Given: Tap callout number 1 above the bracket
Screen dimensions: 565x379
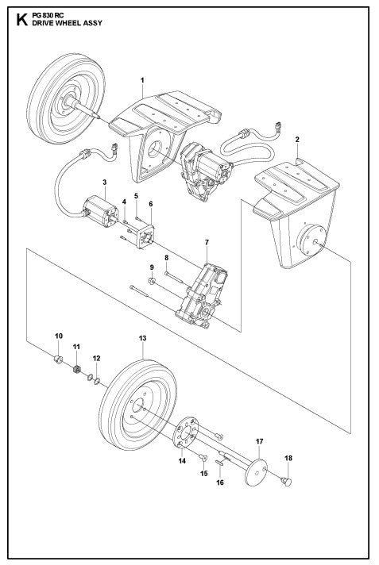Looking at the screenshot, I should pos(141,81).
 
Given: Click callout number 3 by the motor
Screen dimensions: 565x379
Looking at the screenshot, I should pos(105,183).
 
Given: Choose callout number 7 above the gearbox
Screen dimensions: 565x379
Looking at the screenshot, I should pos(206,241).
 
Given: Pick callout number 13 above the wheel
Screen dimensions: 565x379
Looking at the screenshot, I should pos(142,338).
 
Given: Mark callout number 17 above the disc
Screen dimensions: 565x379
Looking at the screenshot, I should pos(258,440).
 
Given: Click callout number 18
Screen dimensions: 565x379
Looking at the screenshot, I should pos(288,459).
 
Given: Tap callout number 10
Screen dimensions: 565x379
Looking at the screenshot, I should pos(58,336).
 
